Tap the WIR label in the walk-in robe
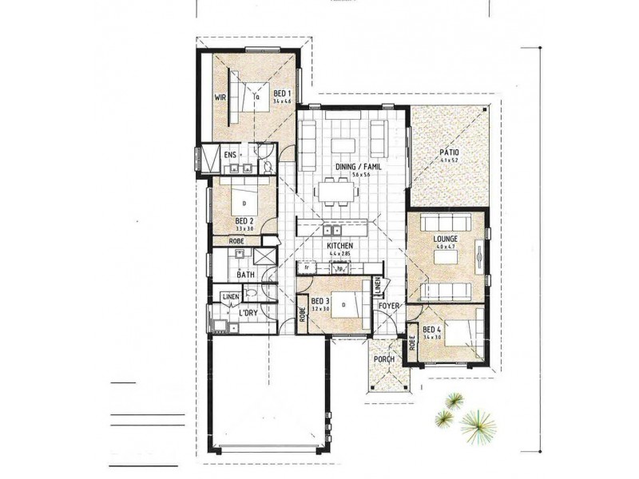pos(220,97)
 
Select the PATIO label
pos(448,152)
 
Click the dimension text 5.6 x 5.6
pos(351,174)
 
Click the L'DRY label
pos(247,314)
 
